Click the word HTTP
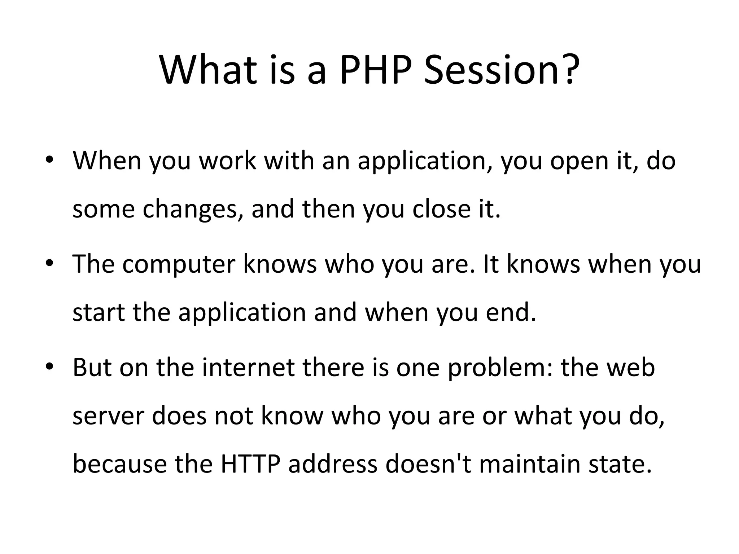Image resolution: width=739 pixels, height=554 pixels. (x=250, y=463)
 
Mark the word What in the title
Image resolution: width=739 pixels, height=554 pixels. (x=209, y=69)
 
